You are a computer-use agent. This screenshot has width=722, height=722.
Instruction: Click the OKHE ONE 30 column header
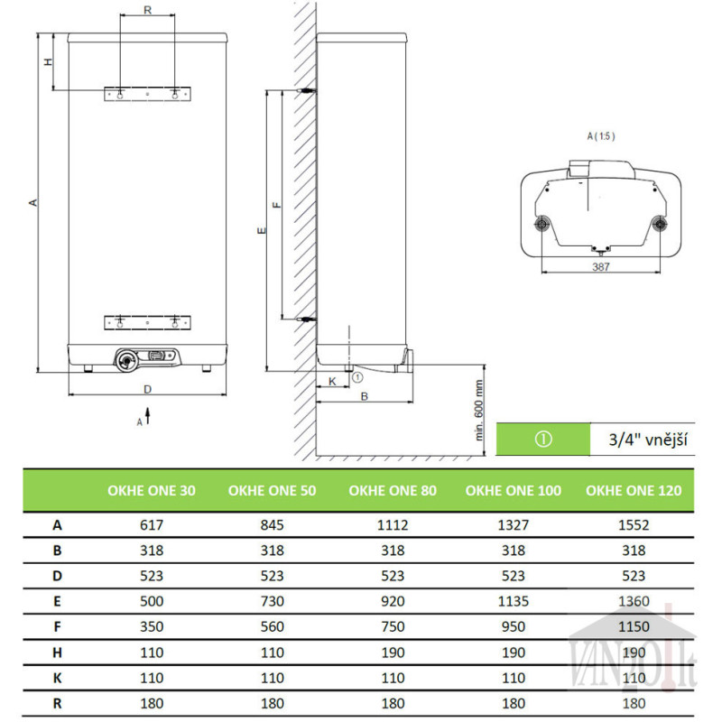coord(152,491)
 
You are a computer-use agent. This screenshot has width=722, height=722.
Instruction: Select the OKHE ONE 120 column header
coord(634,491)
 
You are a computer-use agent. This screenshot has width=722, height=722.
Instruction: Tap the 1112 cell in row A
coord(393,525)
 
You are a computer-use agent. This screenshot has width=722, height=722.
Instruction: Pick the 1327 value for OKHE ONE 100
coord(513,525)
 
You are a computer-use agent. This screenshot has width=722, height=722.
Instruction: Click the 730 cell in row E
coord(273,601)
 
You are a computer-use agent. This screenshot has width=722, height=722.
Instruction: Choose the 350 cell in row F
coord(152,626)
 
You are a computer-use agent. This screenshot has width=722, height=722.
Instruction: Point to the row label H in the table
coord(57,653)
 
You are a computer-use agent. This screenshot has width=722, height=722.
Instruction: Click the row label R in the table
coord(57,704)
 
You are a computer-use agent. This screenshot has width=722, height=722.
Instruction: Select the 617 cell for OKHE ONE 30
coord(152,525)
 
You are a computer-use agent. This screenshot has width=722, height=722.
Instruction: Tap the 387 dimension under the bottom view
coord(601,266)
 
